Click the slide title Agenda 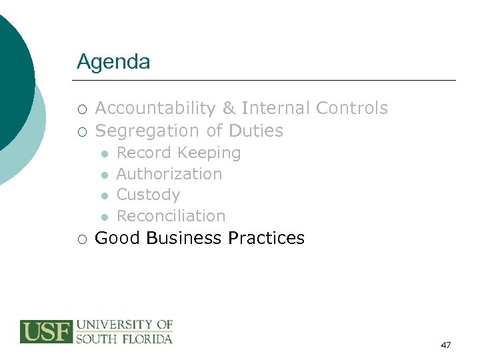click(113, 63)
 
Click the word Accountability click(155, 109)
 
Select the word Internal click(275, 109)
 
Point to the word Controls click(352, 109)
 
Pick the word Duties click(256, 131)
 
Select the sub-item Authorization click(169, 174)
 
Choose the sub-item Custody click(148, 195)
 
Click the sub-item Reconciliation click(171, 216)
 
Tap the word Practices click(266, 238)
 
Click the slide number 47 click(446, 345)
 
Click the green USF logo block click(46, 331)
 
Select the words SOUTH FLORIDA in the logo click(125, 338)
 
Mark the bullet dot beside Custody click(105, 195)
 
